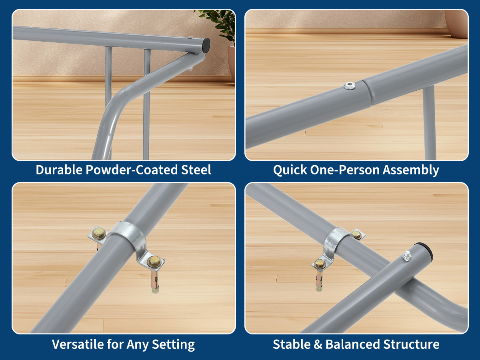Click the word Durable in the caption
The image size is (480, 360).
(x=59, y=170)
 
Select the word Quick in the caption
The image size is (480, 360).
(x=290, y=170)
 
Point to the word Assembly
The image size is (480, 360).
(x=410, y=170)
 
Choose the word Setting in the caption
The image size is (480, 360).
(x=173, y=345)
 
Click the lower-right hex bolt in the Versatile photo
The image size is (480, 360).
(x=153, y=262)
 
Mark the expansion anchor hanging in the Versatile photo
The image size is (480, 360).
(x=155, y=281)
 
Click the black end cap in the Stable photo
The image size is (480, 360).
(x=425, y=249)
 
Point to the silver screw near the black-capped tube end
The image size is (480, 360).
(x=407, y=256)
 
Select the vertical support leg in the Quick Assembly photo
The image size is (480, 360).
(x=429, y=122)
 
